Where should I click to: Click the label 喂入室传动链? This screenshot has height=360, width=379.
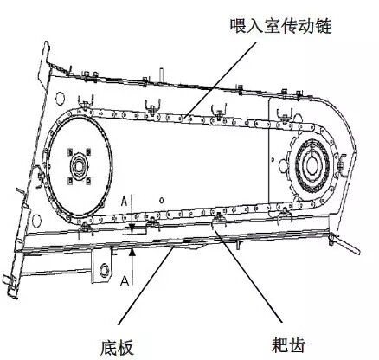tap(280, 26)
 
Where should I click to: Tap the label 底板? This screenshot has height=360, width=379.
tap(117, 347)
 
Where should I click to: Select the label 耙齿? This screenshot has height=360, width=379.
tap(288, 344)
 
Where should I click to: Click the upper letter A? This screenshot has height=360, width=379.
tap(124, 201)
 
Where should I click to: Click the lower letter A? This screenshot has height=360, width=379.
tap(125, 280)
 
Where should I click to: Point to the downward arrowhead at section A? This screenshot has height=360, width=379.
tap(132, 229)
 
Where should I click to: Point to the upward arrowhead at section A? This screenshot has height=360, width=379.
tap(132, 251)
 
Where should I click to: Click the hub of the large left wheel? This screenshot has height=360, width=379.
tap(79, 166)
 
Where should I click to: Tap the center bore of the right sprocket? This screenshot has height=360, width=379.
tap(312, 165)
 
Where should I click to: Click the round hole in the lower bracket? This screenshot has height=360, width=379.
tap(104, 270)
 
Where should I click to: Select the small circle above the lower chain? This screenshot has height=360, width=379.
tap(162, 200)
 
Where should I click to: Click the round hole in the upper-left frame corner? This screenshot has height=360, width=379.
tap(60, 98)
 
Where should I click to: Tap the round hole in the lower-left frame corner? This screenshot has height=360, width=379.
tap(36, 220)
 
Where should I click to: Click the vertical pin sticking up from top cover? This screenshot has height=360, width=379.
tap(162, 75)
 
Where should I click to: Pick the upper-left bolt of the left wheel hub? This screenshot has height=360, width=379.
tap(70, 151)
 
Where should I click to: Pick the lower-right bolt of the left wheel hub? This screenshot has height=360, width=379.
tap(88, 180)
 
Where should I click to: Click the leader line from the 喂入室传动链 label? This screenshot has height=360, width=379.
tap(222, 79)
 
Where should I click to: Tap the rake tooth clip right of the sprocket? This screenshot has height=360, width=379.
tap(342, 165)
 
